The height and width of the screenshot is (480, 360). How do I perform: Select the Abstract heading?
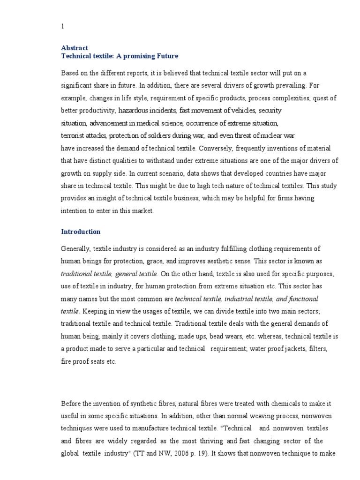tap(75, 48)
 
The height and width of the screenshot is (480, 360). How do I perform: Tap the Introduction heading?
tap(81, 232)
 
